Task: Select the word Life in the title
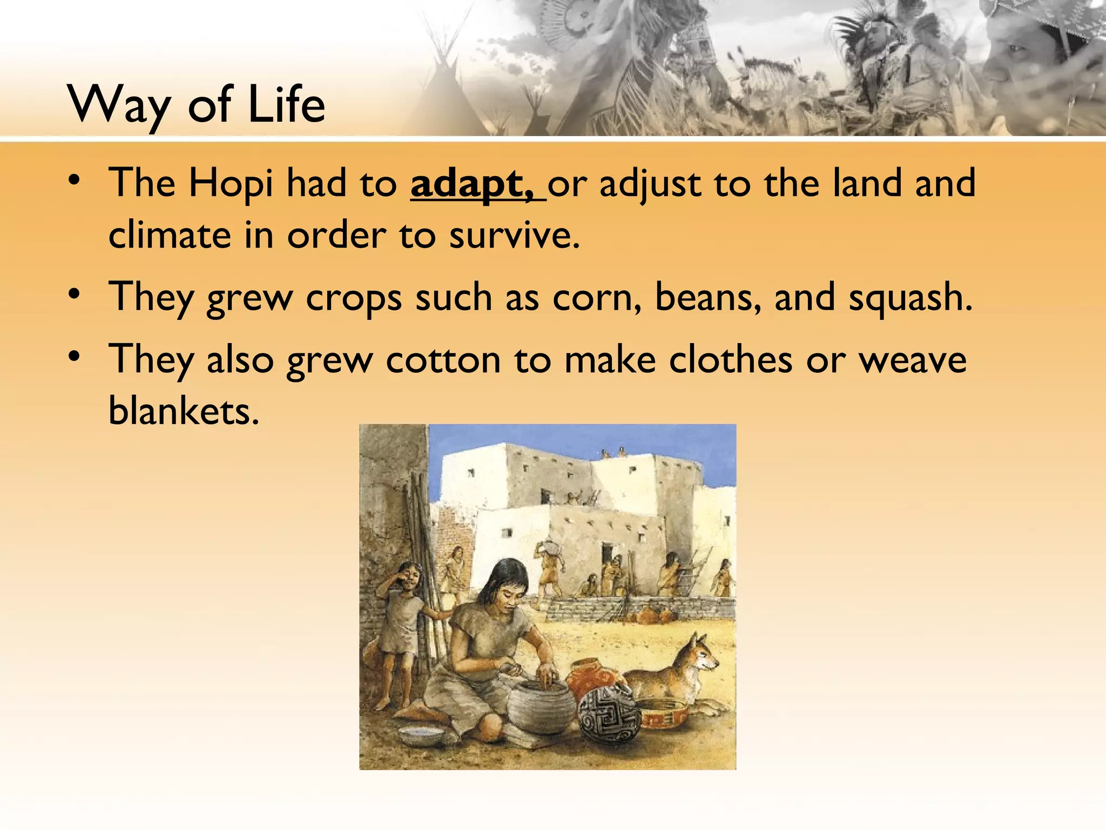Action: (286, 104)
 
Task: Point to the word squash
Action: (910, 298)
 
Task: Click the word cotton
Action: (443, 360)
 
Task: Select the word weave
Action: (913, 360)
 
